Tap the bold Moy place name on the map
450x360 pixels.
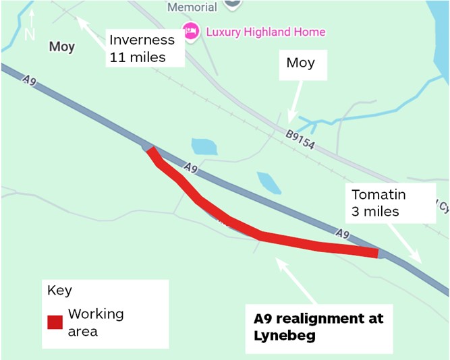(62, 47)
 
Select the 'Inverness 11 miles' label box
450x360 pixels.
(146, 48)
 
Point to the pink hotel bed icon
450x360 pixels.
(191, 31)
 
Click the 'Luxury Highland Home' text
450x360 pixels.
(265, 32)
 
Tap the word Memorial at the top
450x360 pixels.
(192, 7)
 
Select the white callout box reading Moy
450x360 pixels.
(300, 63)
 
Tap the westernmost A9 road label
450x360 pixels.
(28, 81)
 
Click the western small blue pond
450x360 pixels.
(204, 146)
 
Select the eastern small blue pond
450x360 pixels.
(269, 182)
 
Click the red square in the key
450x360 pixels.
(55, 322)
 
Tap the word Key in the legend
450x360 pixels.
(59, 291)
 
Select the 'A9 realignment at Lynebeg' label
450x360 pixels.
(318, 326)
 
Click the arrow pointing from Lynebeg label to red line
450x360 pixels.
(297, 282)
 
